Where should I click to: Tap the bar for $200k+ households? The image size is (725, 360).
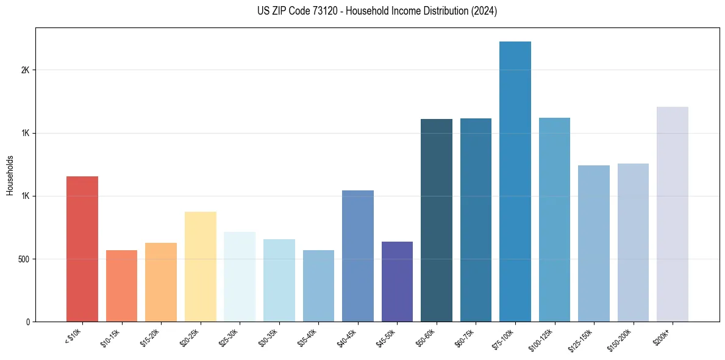[673, 214]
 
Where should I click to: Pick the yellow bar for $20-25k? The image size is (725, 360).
[201, 267]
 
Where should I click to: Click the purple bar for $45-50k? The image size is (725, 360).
[397, 281]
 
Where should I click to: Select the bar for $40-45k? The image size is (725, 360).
[358, 256]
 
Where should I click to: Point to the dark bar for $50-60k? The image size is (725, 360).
[437, 220]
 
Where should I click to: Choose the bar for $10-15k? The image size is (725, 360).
[121, 286]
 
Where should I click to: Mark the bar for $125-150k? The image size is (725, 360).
[594, 243]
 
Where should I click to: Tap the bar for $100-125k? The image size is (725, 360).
[554, 220]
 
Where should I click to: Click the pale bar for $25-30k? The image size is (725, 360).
[240, 276]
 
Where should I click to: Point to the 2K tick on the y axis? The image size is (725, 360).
[25, 70]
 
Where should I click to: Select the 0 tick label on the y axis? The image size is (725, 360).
[27, 322]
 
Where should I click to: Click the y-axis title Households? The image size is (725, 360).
[10, 175]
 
